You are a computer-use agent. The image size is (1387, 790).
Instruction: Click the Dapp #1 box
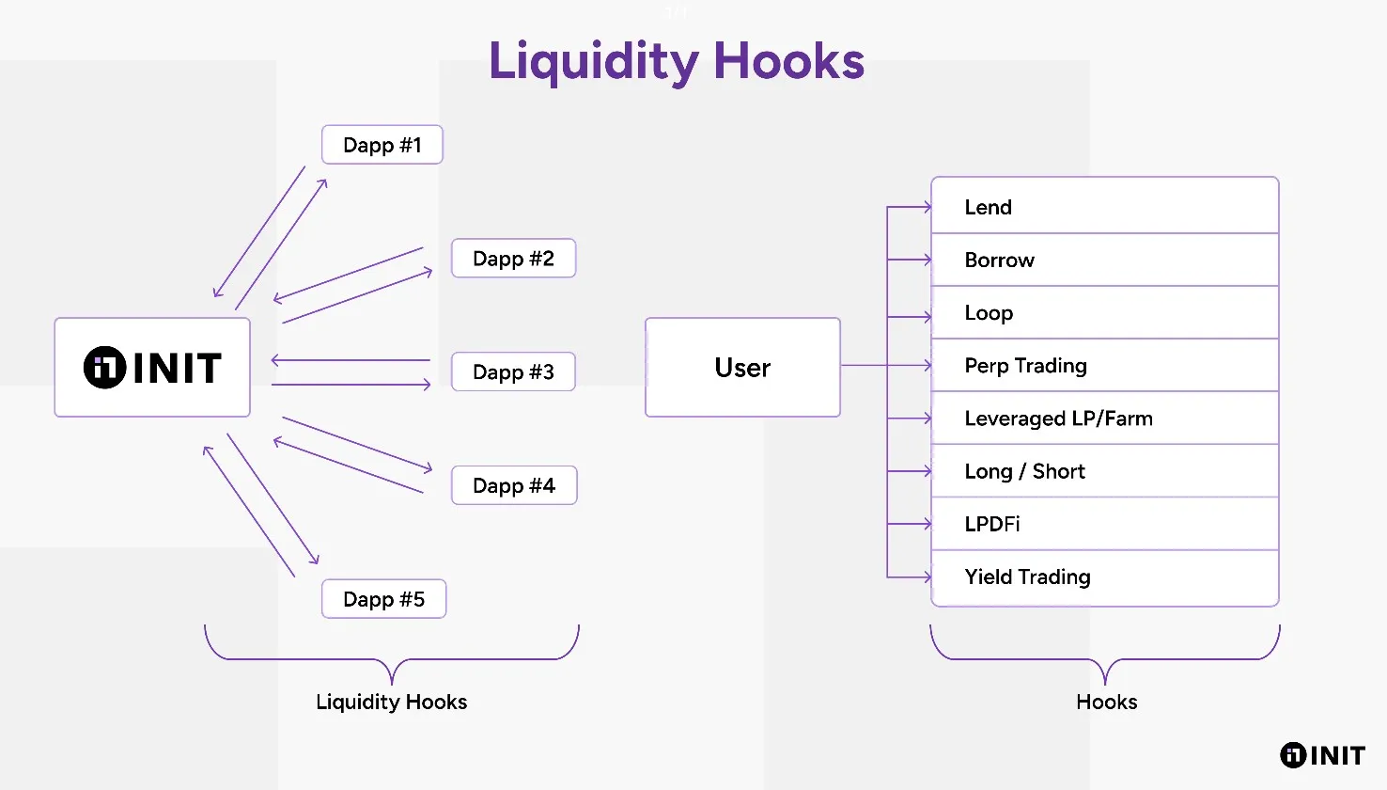click(x=382, y=145)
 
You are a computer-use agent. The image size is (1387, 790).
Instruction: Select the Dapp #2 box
click(x=513, y=259)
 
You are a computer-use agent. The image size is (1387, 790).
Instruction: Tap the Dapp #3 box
click(x=513, y=372)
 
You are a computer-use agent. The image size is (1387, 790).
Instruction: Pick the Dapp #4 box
click(x=514, y=486)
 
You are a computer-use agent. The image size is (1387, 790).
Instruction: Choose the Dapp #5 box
click(x=383, y=600)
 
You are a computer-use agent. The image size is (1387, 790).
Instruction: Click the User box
click(x=742, y=368)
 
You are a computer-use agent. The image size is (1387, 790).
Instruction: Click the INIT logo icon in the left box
click(x=104, y=368)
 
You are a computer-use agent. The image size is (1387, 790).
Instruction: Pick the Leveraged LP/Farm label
click(x=1058, y=419)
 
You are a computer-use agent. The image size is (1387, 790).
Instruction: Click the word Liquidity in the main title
click(x=594, y=62)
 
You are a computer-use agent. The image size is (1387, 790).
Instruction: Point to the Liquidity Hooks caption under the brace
click(x=391, y=703)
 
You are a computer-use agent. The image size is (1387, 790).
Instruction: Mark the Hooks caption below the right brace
click(x=1106, y=703)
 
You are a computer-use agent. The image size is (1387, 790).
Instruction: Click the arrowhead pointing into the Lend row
click(x=927, y=207)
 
